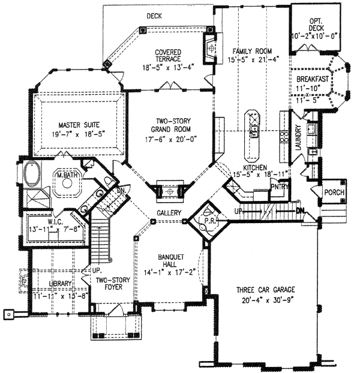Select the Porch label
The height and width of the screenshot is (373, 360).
coord(334,192)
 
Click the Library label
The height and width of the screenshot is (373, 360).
coord(61,283)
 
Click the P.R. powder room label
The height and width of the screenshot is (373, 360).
coord(206,219)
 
